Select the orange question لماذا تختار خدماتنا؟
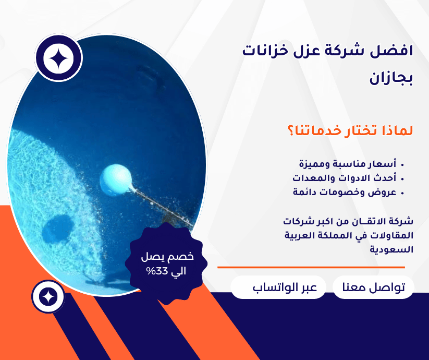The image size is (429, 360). coord(350,130)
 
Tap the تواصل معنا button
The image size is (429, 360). coord(373,287)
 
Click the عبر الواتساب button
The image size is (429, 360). coord(278,287)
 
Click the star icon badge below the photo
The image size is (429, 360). coord(48,297)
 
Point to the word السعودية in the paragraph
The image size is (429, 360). coord(391,249)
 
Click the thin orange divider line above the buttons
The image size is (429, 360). coord(311,267)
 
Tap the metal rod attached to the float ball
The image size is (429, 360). coord(162,207)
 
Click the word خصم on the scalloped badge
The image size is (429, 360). coord(183,257)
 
